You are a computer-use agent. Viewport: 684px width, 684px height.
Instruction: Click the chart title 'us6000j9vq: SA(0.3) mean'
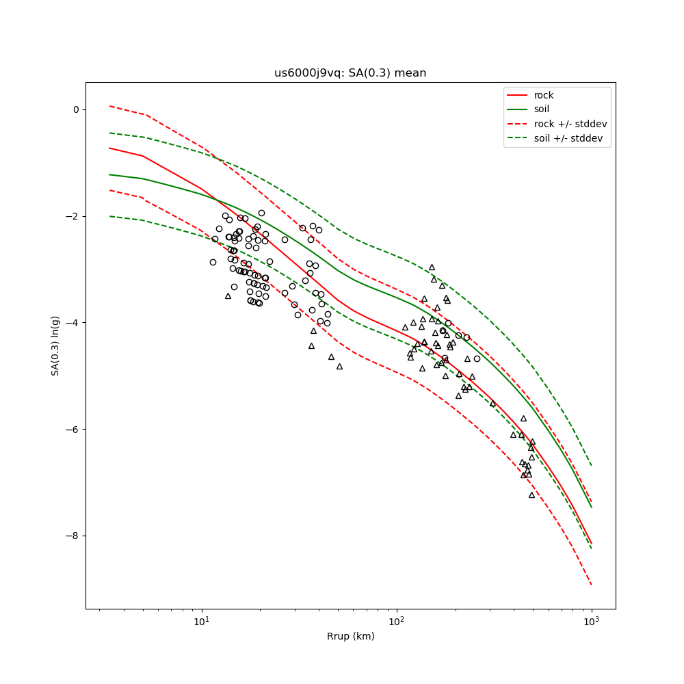click(x=350, y=73)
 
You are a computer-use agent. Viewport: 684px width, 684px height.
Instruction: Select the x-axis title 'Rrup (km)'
click(x=350, y=636)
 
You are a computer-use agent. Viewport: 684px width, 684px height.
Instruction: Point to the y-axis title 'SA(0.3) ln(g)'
click(x=55, y=345)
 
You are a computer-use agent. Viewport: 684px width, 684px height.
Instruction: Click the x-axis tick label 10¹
click(x=202, y=622)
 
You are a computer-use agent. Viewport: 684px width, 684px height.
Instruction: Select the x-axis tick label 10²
click(x=397, y=622)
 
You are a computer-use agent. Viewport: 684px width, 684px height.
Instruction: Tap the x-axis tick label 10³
click(x=592, y=622)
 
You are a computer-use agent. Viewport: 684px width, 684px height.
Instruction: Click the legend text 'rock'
click(x=544, y=95)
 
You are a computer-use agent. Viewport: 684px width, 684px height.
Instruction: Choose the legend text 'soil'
click(x=542, y=109)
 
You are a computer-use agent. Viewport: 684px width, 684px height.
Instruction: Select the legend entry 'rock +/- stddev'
click(x=570, y=124)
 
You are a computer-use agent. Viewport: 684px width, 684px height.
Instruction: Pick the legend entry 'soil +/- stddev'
click(x=570, y=137)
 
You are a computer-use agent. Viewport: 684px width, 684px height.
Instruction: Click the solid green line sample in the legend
click(x=518, y=109)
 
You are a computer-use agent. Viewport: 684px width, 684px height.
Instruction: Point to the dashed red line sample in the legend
click(x=518, y=124)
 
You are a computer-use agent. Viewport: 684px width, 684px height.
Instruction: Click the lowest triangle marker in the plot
click(x=531, y=495)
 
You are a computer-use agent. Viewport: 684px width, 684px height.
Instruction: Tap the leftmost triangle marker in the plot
click(x=228, y=296)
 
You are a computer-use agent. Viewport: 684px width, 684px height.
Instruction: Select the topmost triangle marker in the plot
click(x=432, y=267)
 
